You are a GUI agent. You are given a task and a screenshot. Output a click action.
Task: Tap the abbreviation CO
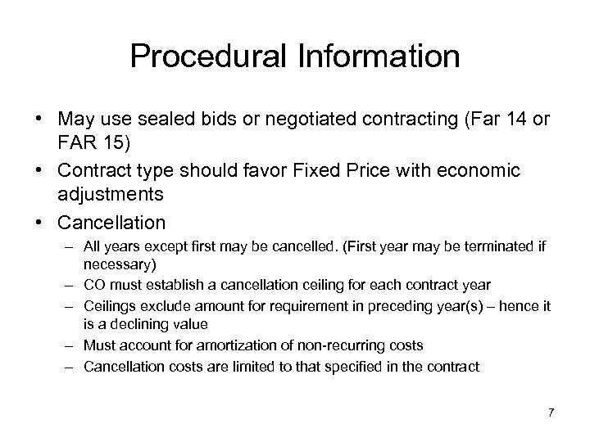[x=93, y=285]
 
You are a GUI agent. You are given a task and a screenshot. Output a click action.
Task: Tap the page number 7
[x=551, y=412]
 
